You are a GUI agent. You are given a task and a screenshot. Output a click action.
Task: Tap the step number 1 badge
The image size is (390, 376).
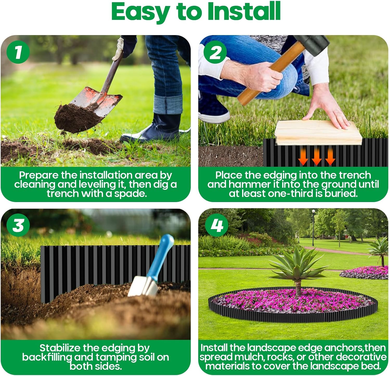tap(18, 52)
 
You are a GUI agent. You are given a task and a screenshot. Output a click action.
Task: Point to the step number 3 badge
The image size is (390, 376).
tap(18, 225)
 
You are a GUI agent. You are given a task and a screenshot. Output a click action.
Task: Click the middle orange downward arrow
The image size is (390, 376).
tap(316, 157)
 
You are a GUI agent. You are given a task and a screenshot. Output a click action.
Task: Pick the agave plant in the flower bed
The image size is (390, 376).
tap(296, 265)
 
